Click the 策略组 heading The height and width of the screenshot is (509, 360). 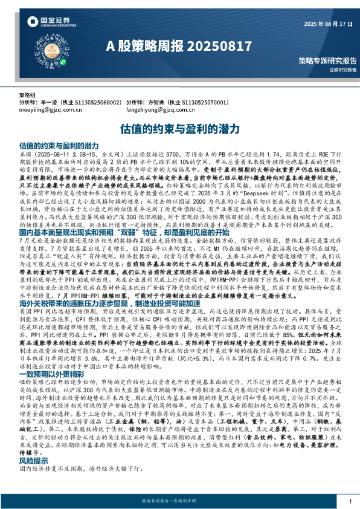28,96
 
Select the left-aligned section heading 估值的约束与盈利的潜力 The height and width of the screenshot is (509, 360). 59,146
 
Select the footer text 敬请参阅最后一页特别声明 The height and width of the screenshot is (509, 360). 179,501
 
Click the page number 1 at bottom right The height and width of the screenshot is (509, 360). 350,501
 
